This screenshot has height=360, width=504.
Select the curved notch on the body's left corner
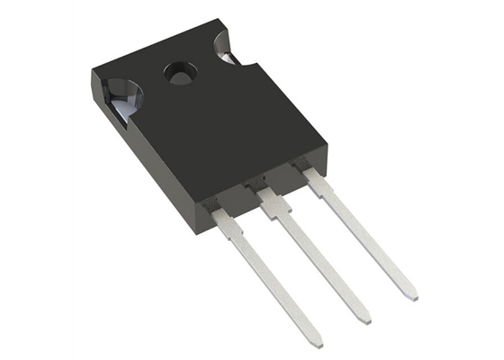(x=119, y=93)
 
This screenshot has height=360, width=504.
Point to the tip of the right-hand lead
(x=411, y=294)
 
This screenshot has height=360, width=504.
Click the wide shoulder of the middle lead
(x=274, y=206)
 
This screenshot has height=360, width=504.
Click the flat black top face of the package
(x=207, y=126)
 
